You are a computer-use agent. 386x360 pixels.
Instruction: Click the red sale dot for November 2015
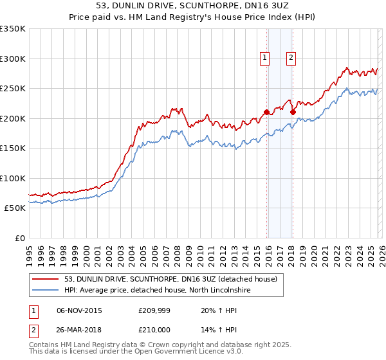pos(266,112)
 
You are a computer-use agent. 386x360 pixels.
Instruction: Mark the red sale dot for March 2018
pos(293,112)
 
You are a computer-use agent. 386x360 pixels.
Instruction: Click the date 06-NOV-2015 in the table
pos(79,310)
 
